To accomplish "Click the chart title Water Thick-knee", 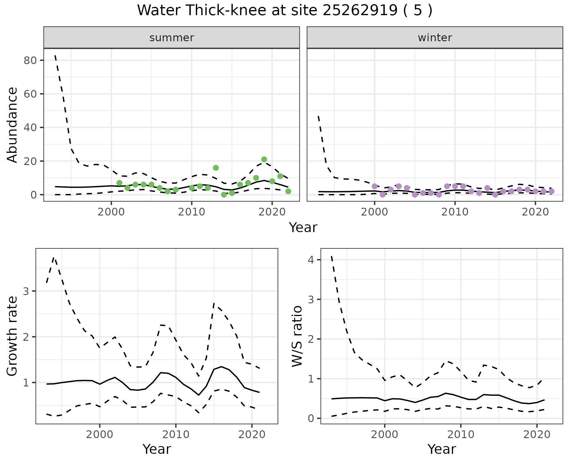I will click(284, 11).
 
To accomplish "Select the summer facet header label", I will click(172, 38).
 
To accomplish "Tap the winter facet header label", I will click(435, 38).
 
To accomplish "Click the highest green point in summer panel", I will click(264, 159).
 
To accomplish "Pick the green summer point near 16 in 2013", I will click(216, 168).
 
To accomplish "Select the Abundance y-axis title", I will click(12, 125).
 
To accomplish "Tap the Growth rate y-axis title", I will click(12, 336).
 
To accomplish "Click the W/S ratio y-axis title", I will click(297, 336).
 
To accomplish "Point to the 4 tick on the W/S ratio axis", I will click(311, 260).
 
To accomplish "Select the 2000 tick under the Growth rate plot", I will click(100, 435).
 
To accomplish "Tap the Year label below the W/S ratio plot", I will click(441, 449).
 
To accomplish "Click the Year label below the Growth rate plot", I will click(157, 449).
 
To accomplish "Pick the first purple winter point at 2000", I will click(375, 186).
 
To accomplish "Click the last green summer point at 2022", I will click(288, 191).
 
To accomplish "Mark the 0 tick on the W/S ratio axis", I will click(311, 418).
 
